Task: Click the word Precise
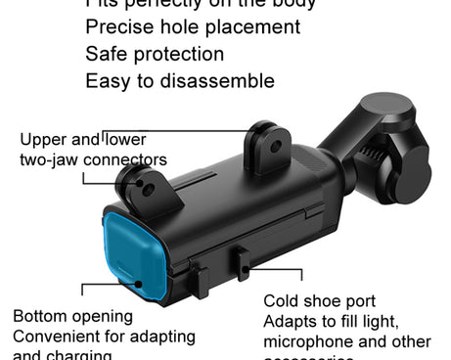[117, 27]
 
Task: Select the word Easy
[107, 80]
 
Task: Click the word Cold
[284, 301]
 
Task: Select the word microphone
[310, 341]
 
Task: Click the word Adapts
[290, 321]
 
